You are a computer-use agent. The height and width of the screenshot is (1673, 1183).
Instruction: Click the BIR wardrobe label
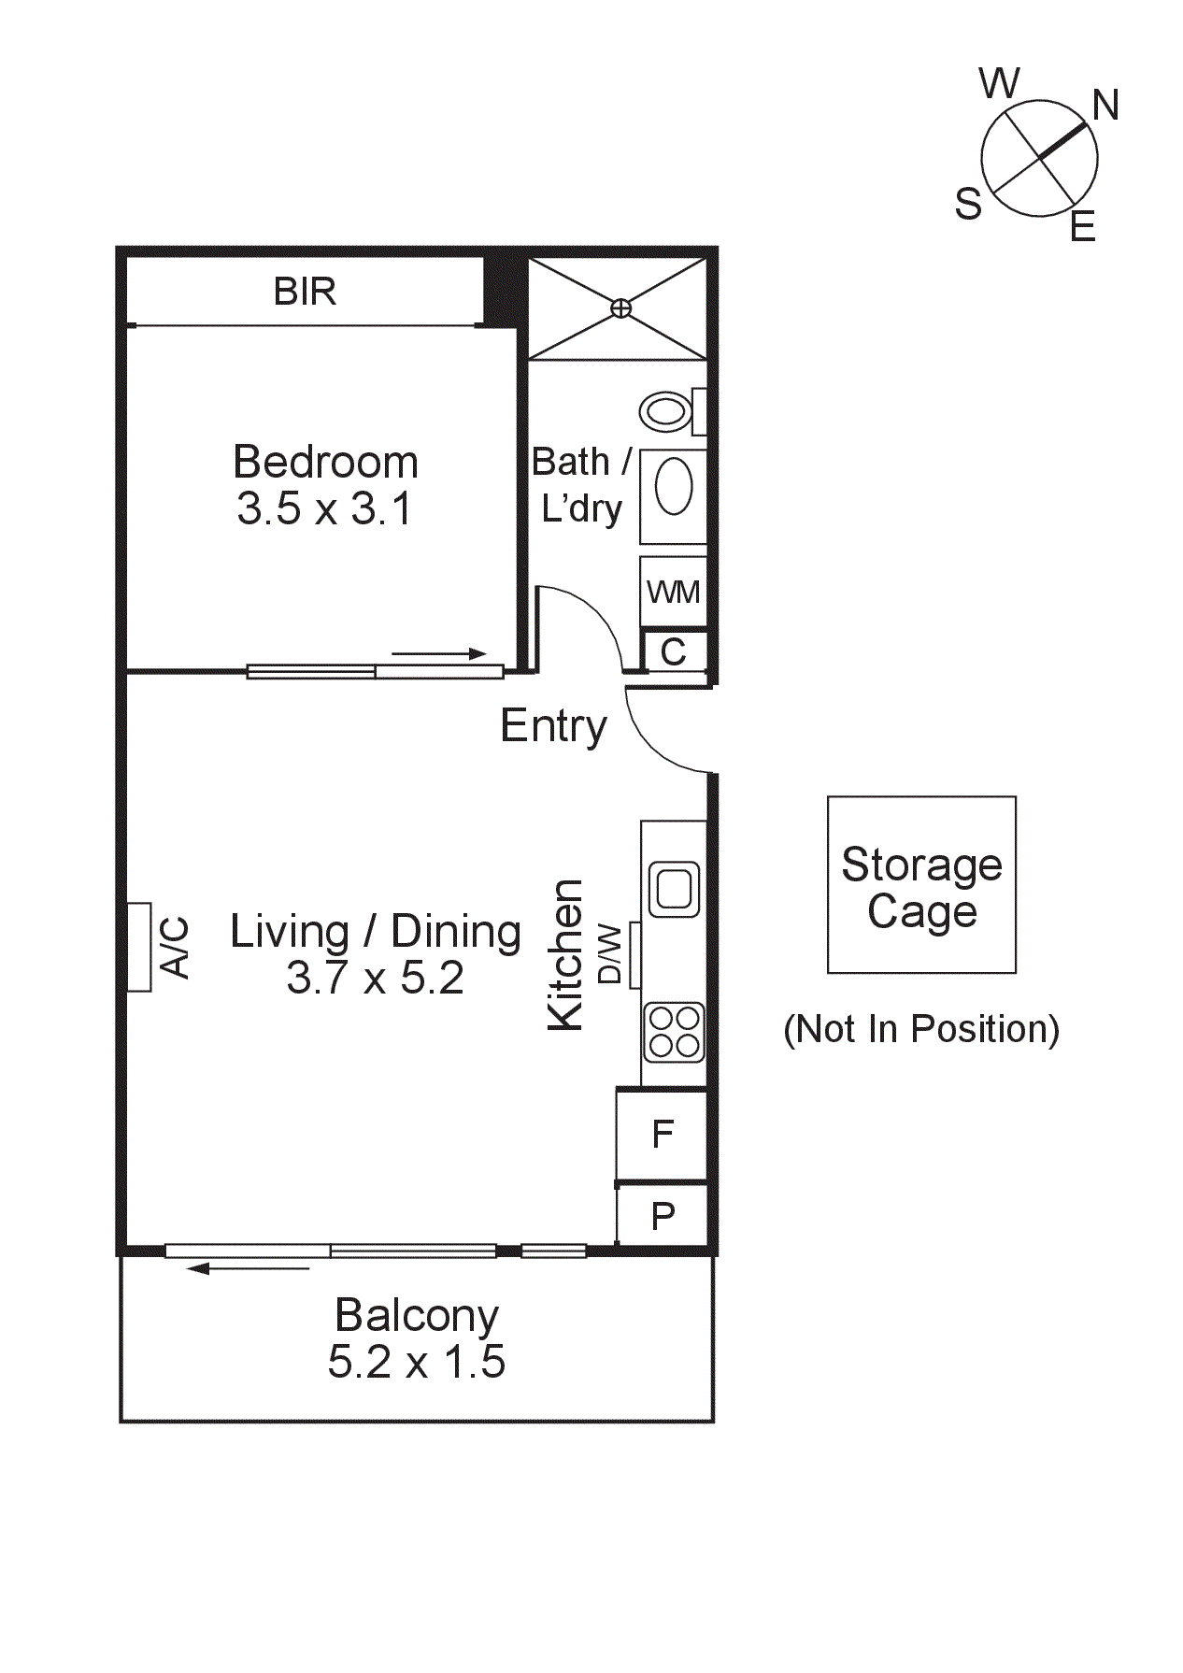305,292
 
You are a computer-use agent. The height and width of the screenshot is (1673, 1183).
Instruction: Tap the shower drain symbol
620,307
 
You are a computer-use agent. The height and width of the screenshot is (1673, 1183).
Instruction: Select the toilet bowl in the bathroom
665,410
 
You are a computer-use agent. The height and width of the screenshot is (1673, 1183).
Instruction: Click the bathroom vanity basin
674,487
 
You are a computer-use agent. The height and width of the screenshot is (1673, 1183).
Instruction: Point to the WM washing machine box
673,592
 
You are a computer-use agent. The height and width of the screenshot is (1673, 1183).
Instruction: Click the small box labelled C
674,651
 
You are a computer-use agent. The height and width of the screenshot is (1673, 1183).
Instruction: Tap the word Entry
553,726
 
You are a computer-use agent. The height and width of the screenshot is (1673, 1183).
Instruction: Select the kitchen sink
674,888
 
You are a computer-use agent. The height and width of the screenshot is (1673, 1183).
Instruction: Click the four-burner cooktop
674,1032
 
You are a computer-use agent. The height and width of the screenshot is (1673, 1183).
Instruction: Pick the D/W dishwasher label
609,954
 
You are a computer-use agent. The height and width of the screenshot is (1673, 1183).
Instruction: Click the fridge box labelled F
663,1134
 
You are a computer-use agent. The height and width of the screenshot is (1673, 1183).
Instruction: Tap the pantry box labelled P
663,1216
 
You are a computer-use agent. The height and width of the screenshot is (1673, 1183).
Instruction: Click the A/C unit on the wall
139,947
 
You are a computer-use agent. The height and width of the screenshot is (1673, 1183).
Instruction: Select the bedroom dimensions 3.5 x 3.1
324,509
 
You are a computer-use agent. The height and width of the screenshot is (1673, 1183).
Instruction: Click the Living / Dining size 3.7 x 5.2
375,979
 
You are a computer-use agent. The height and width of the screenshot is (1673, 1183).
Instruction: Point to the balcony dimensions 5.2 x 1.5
416,1362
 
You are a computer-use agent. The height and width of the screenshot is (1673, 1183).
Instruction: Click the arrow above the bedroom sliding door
439,654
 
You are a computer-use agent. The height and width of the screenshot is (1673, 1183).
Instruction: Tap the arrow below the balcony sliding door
248,1268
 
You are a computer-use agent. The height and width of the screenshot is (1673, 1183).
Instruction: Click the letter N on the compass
1105,106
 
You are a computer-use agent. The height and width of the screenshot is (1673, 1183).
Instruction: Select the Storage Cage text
921,887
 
